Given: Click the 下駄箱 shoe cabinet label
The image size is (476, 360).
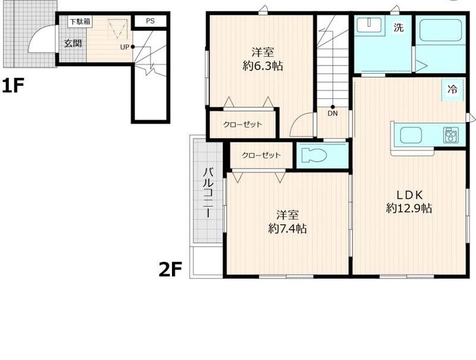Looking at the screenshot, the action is pos(80,22).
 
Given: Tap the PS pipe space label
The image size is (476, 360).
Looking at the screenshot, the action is pos(151,21).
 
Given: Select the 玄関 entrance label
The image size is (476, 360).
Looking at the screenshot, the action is pos(73,43).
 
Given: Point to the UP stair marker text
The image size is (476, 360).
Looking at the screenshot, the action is pos(125,47).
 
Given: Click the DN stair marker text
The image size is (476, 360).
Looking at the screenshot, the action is pos(333,114).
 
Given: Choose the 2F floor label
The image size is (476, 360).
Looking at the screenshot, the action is pos(170,270).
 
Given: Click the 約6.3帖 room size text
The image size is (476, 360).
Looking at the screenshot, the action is pos(263,65).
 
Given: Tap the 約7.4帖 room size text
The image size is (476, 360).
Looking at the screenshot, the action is pos(287,228).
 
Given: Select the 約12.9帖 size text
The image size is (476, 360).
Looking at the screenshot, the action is pos(409,208).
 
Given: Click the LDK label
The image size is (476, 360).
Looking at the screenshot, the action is pos(409,195).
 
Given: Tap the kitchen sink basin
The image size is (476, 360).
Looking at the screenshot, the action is pos(411,136).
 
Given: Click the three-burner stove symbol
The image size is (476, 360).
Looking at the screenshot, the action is pos(451,134).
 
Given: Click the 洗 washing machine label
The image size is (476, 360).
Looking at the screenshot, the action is pos(399,27).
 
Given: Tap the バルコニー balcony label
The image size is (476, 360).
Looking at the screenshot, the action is pos(208,192).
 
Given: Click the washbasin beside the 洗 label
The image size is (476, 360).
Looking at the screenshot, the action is pos(369,24).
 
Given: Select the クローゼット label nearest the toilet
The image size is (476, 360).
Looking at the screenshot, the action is pos(261,155).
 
